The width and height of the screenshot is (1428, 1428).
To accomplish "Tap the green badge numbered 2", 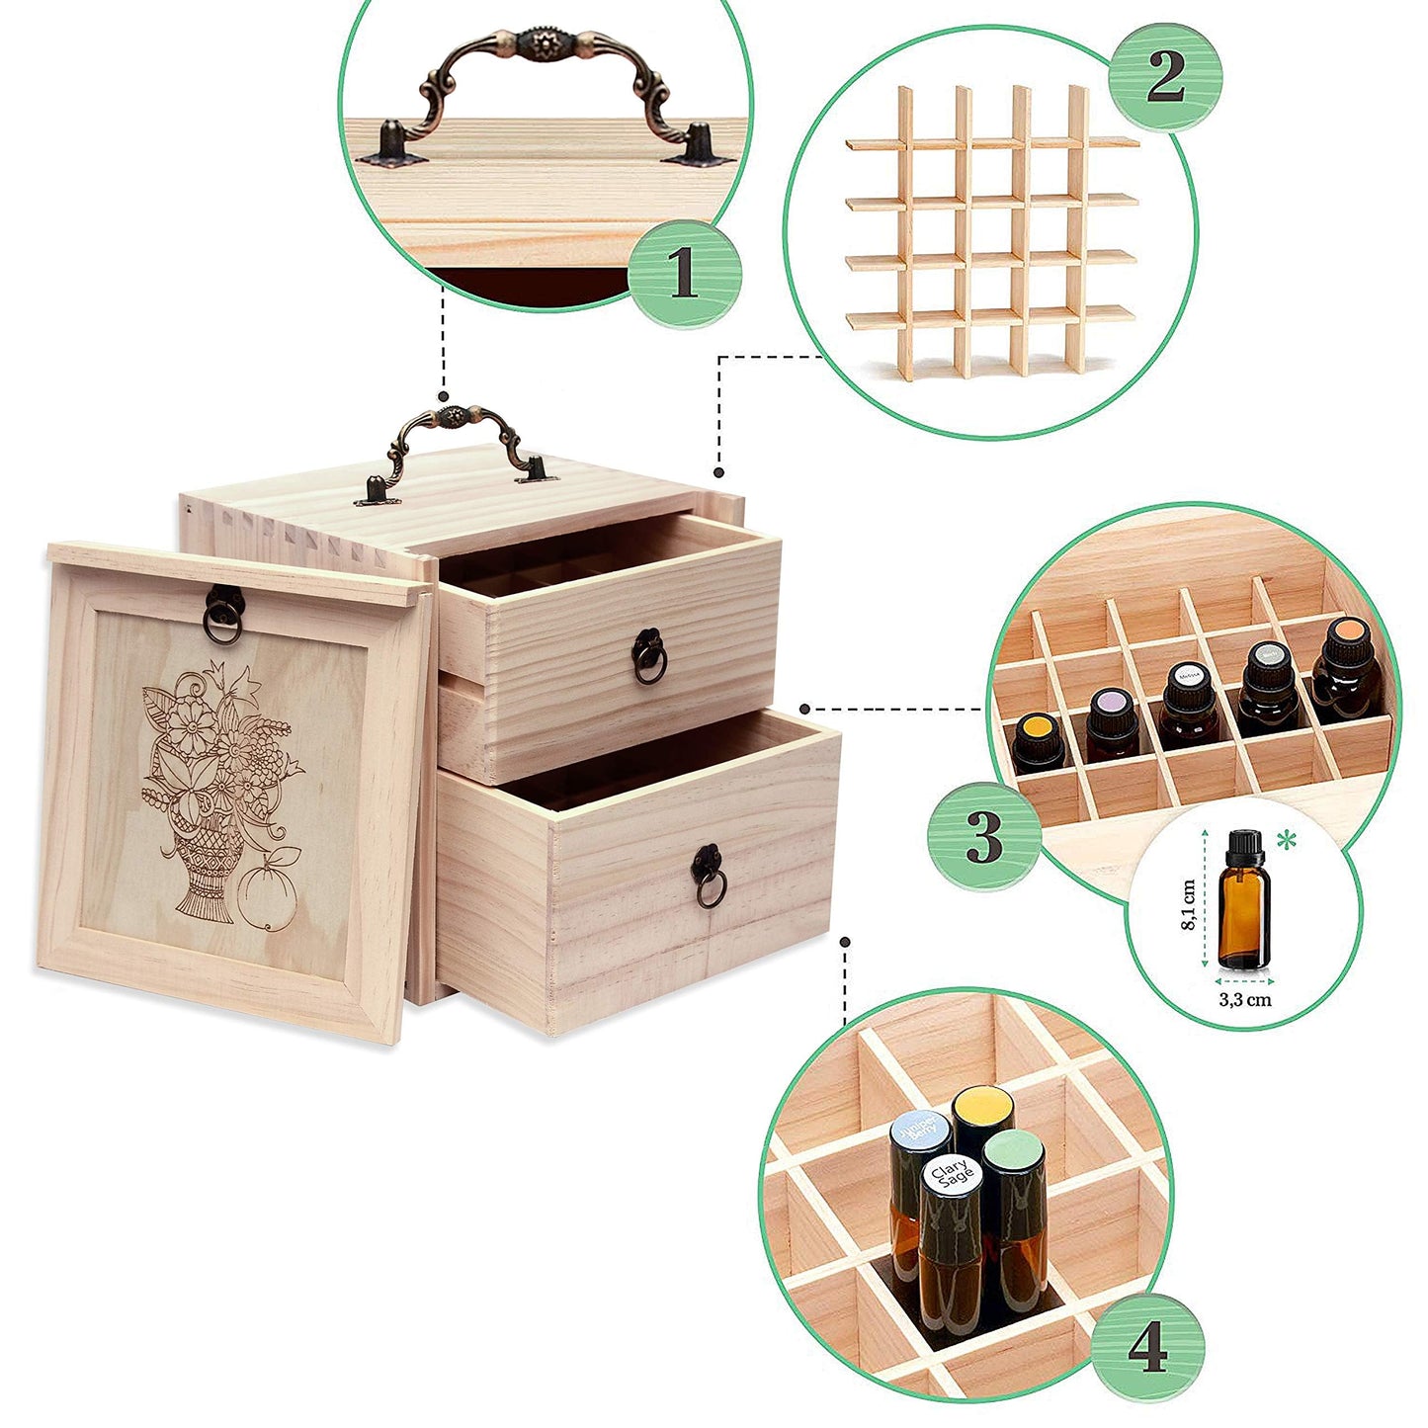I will (x=1165, y=76).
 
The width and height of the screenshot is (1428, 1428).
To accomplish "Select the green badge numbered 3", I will (x=983, y=836).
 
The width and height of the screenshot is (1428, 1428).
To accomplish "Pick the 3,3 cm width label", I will (x=1244, y=999).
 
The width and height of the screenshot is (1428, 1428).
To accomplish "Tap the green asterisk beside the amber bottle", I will (x=1287, y=841).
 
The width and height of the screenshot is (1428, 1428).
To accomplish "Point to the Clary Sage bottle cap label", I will (x=952, y=1175).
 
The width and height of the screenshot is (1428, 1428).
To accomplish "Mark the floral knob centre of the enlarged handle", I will (x=546, y=46).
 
